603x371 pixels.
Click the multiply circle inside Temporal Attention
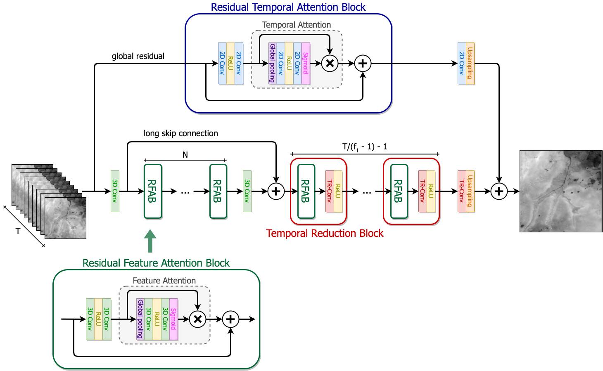(330, 64)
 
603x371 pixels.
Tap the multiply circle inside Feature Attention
(197, 319)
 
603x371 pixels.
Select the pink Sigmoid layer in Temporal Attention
(306, 64)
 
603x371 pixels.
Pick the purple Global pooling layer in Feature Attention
(140, 319)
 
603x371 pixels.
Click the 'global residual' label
(138, 56)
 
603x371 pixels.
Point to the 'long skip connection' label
(180, 133)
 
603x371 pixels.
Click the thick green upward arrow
(150, 241)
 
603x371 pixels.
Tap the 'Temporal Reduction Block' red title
(325, 233)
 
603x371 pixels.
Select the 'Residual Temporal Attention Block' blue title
(288, 7)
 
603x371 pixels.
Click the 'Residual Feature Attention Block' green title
(156, 263)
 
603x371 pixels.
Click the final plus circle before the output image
(499, 191)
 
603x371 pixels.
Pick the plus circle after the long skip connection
(276, 191)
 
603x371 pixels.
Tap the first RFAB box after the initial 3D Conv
(153, 191)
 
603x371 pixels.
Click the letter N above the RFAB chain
(185, 155)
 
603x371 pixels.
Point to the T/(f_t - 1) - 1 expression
(365, 147)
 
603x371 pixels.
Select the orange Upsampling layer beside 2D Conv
(470, 64)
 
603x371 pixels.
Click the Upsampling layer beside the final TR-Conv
(470, 191)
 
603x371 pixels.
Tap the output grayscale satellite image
(561, 191)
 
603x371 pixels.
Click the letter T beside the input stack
(18, 231)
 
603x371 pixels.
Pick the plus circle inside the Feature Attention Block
(230, 319)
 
